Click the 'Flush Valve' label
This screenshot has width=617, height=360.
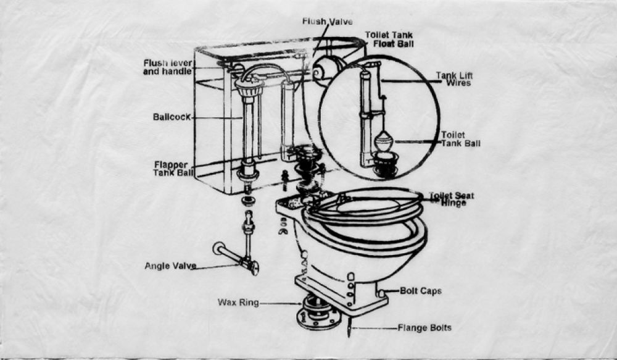coord(327,22)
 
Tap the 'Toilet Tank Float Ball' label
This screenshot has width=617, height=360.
coord(389,40)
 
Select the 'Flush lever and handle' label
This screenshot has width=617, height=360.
coord(168,67)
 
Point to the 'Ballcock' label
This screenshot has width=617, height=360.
coord(172,117)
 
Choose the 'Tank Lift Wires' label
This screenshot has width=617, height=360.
coord(454,79)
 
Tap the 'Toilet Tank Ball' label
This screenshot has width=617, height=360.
coord(460,139)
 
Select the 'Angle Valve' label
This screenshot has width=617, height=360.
coord(170,266)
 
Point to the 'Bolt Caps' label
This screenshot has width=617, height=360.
coord(421,291)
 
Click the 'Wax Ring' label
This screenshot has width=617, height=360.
coord(238,303)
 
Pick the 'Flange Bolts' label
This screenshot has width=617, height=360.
coord(424,328)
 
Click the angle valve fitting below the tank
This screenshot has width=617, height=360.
coord(250,266)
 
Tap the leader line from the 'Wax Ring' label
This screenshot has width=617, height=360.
coord(281,303)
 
